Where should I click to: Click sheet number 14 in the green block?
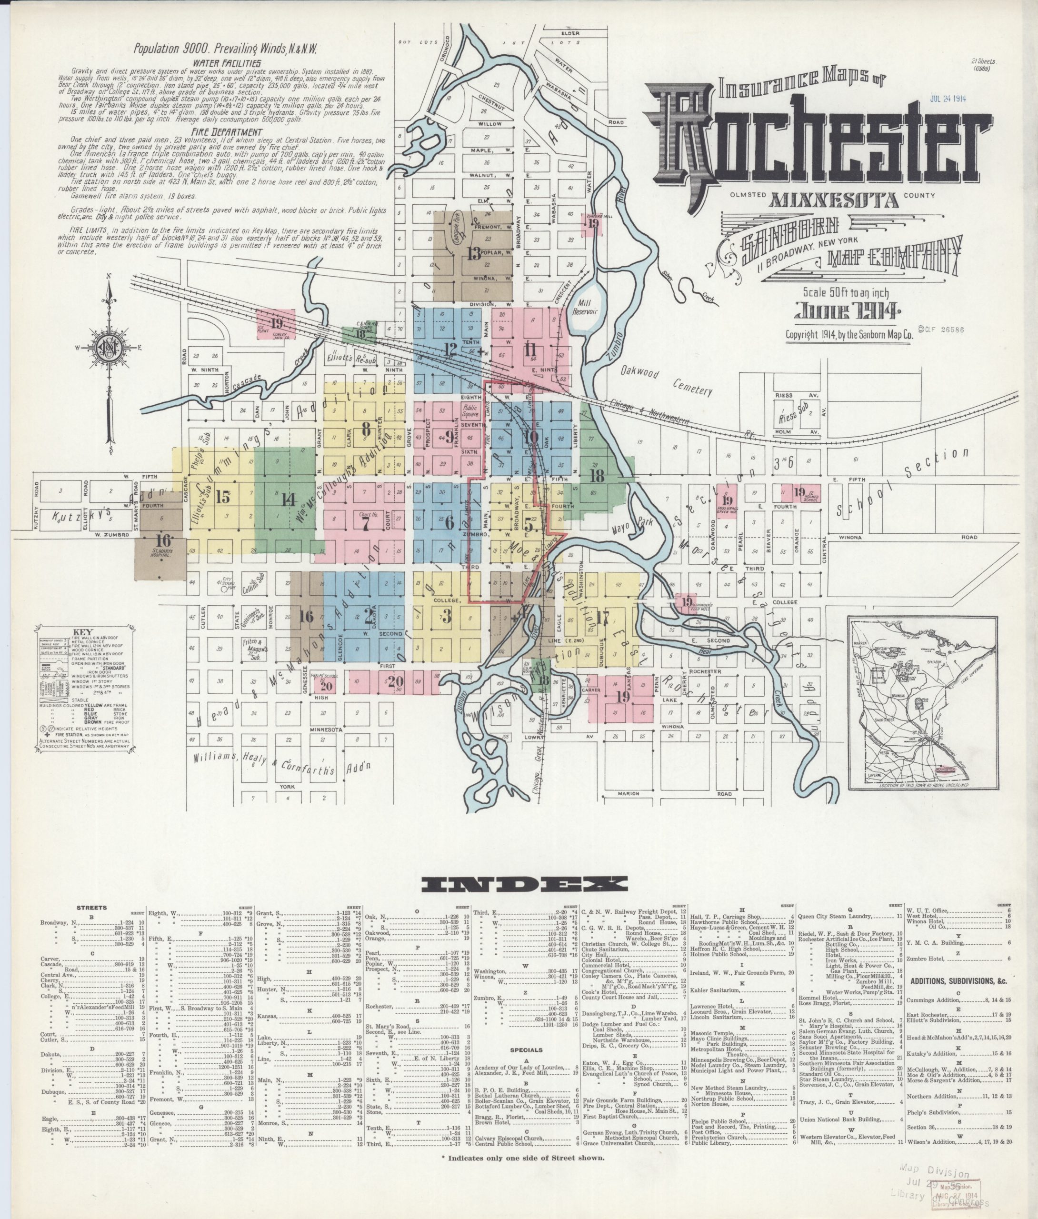point(288,500)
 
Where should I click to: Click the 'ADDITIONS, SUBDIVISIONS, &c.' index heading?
point(958,981)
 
